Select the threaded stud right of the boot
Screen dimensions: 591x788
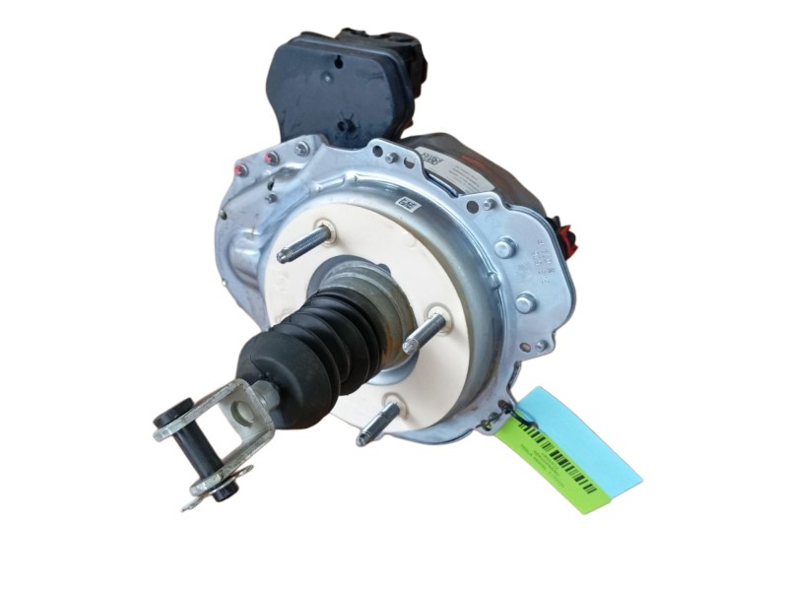(424, 333)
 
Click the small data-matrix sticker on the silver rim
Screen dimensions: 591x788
(405, 202)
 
